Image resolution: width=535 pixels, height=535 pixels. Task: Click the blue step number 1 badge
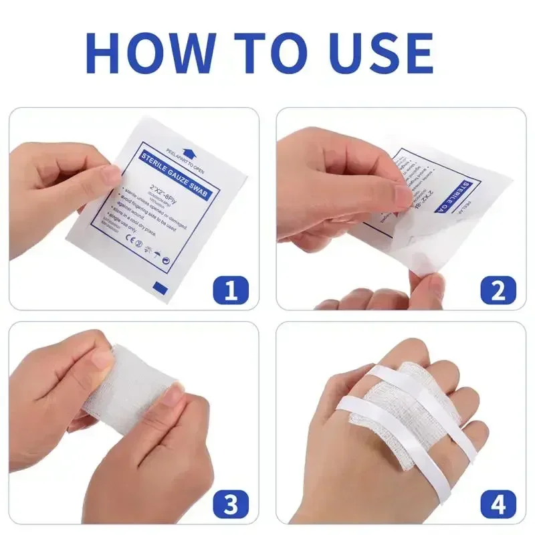click(x=231, y=291)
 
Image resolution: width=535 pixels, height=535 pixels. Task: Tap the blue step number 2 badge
click(x=498, y=291)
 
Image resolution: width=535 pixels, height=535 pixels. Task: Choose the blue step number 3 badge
click(x=231, y=503)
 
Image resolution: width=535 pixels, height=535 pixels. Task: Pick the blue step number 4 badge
click(x=498, y=503)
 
